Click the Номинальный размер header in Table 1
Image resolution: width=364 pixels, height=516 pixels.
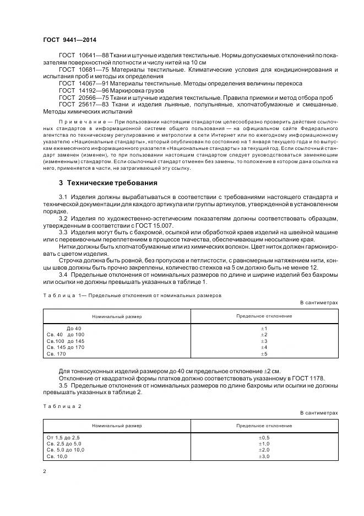click(x=117, y=317)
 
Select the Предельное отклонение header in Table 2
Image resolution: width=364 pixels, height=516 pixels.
click(x=264, y=426)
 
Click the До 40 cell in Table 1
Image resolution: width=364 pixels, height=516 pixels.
click(x=74, y=329)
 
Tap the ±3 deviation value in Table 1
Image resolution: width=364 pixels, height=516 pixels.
click(x=263, y=341)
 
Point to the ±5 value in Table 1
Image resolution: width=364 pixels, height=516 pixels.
click(x=263, y=354)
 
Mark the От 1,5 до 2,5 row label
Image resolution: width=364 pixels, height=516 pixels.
click(x=64, y=438)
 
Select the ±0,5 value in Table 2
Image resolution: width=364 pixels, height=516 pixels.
click(x=263, y=438)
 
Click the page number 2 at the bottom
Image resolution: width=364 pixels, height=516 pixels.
click(x=45, y=471)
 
